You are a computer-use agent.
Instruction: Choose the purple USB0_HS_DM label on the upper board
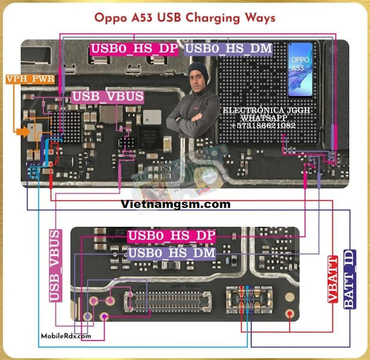pyautogui.click(x=229, y=49)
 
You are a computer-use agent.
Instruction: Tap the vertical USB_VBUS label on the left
pyautogui.click(x=55, y=265)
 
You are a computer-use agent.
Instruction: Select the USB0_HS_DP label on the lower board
pyautogui.click(x=171, y=236)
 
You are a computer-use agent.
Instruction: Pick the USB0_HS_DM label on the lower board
pyautogui.click(x=171, y=253)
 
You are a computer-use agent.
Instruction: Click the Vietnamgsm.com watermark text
pyautogui.click(x=176, y=204)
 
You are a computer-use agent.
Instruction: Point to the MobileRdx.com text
pyautogui.click(x=66, y=336)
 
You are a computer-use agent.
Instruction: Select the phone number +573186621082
pyautogui.click(x=262, y=126)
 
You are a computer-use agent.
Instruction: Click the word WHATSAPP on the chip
pyautogui.click(x=262, y=117)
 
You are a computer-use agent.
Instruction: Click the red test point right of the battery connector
pyautogui.click(x=291, y=313)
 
